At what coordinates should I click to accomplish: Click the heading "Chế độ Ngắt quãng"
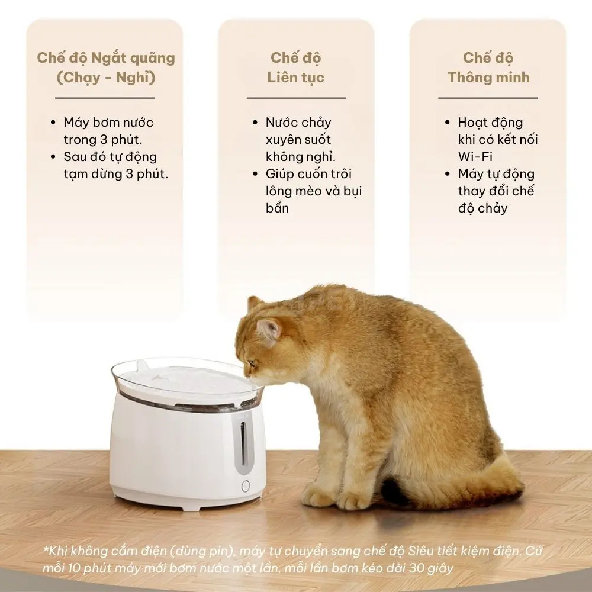coord(106,58)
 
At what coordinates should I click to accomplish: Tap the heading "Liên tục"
coord(295,78)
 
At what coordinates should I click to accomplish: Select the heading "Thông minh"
coord(488,78)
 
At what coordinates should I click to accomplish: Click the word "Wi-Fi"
coord(475,156)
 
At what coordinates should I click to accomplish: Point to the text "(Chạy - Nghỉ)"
coord(106,78)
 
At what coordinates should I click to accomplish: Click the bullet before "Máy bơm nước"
coord(53,123)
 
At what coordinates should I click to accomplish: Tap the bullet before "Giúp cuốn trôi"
coord(256,174)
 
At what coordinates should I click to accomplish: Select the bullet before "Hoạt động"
coord(448,123)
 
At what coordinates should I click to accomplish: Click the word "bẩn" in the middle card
coord(278,208)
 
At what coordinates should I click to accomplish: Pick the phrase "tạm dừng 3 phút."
coord(116,174)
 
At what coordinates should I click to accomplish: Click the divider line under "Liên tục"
coord(297,98)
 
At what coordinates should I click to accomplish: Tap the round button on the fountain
coord(246,486)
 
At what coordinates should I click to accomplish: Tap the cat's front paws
coord(332,498)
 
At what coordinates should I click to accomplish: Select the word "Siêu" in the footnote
coord(420,551)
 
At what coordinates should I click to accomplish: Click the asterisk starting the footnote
coord(46,549)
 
